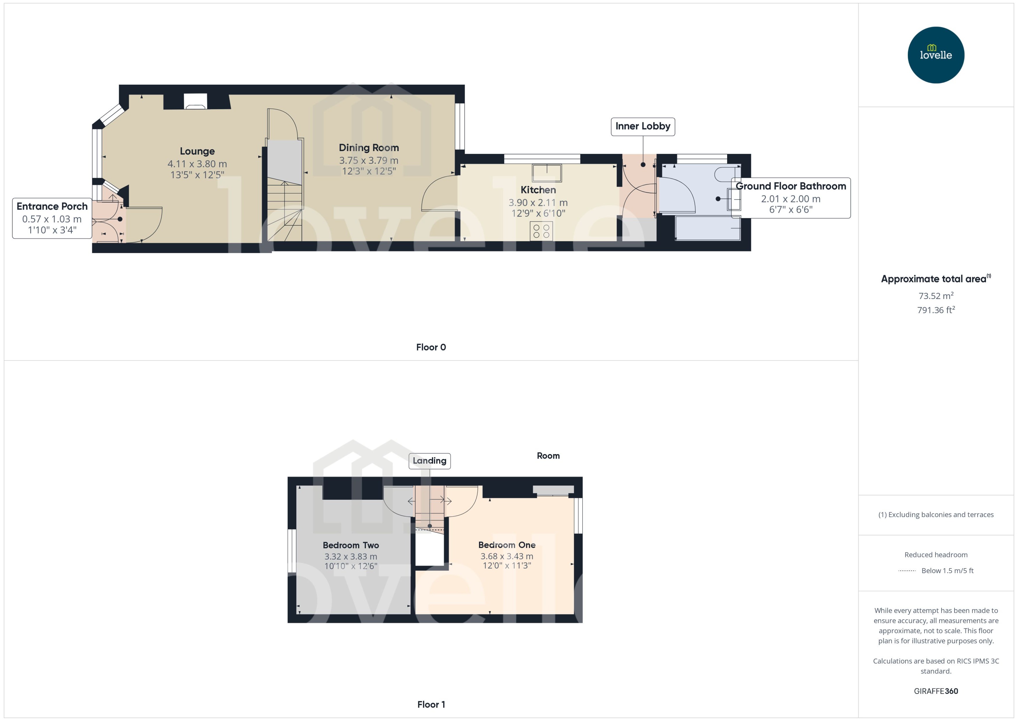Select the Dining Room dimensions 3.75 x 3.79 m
pyautogui.click(x=368, y=160)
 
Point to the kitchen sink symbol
pyautogui.click(x=547, y=173)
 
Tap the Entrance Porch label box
pyautogui.click(x=52, y=218)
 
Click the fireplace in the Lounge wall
pyautogui.click(x=195, y=102)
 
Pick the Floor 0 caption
pyautogui.click(x=431, y=347)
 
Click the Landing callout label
pyautogui.click(x=429, y=461)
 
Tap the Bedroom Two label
pyautogui.click(x=350, y=545)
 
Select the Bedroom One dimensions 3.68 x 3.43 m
pyautogui.click(x=507, y=556)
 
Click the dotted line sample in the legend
pyautogui.click(x=907, y=571)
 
